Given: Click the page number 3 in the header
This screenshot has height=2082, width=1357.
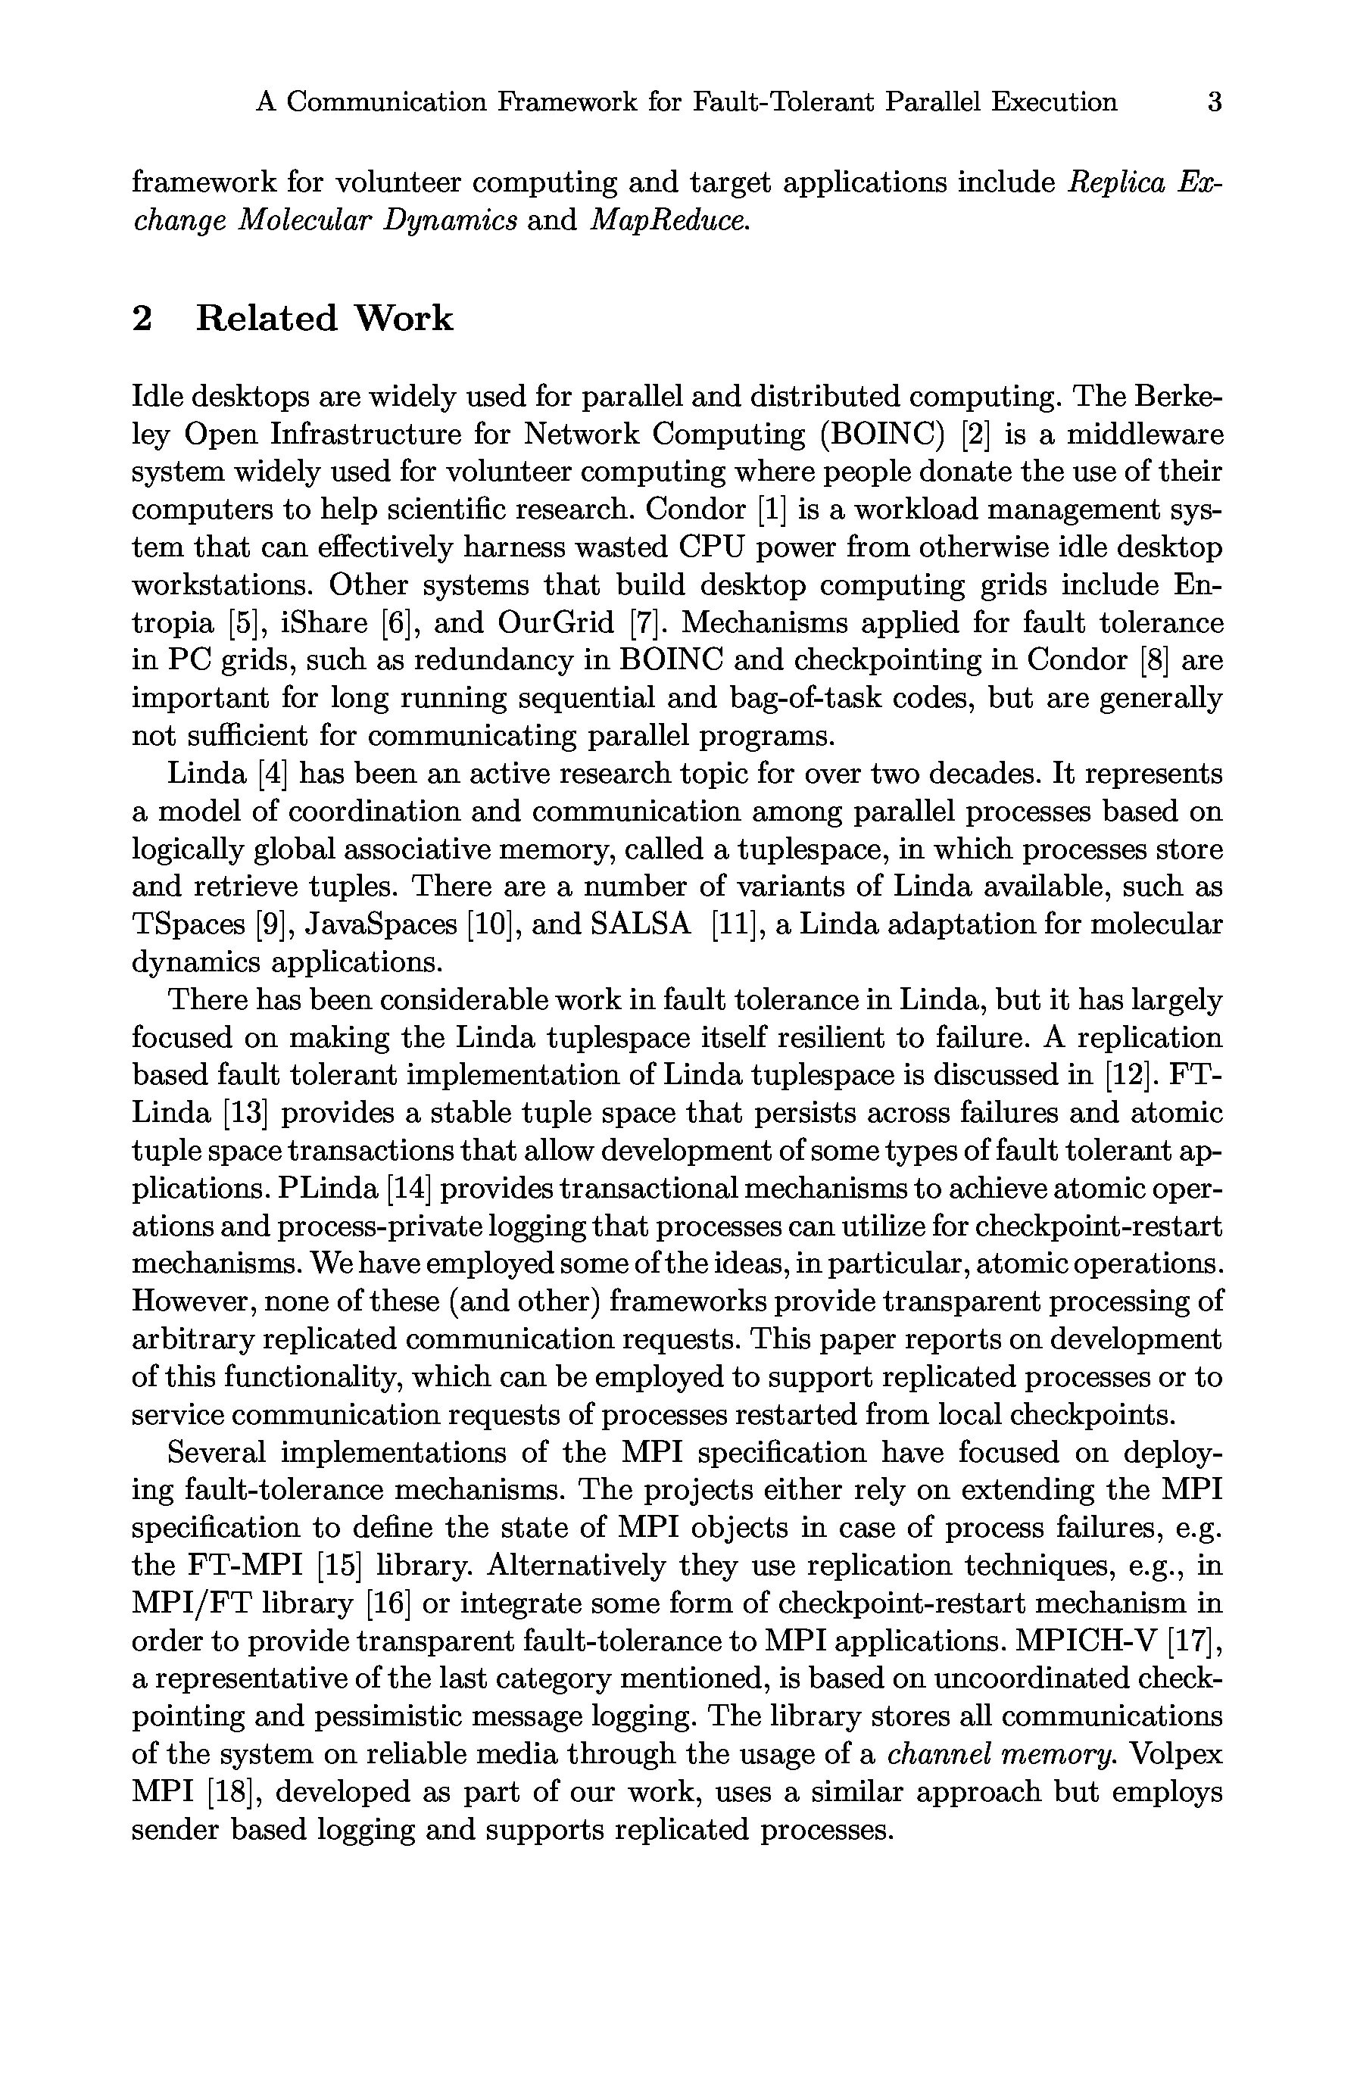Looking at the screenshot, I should coord(1214,102).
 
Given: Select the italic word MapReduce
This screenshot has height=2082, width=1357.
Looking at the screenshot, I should coord(670,220).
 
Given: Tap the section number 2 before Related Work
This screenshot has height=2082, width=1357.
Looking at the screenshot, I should coord(142,319).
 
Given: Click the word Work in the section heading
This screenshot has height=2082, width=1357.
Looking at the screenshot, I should coord(404,319).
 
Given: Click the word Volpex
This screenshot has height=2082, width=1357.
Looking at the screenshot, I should coord(1177,1755).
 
